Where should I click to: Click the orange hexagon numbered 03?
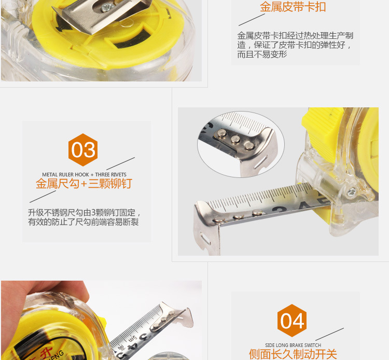click(83, 150)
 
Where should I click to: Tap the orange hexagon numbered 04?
click(292, 321)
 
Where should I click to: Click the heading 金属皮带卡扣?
click(293, 7)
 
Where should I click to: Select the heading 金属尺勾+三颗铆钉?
click(84, 184)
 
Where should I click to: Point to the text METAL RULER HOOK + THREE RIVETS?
click(84, 174)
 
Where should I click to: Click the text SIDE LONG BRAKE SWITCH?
click(293, 345)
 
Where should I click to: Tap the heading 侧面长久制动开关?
click(293, 354)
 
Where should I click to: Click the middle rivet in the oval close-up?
click(235, 139)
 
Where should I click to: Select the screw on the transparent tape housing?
click(351, 192)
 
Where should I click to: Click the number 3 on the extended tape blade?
click(280, 210)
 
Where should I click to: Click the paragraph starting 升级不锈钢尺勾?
click(84, 217)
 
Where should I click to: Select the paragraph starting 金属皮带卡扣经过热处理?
click(295, 45)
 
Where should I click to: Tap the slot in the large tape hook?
click(205, 239)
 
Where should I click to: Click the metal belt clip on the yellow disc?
click(102, 15)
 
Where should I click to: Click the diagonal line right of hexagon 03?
click(120, 163)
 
